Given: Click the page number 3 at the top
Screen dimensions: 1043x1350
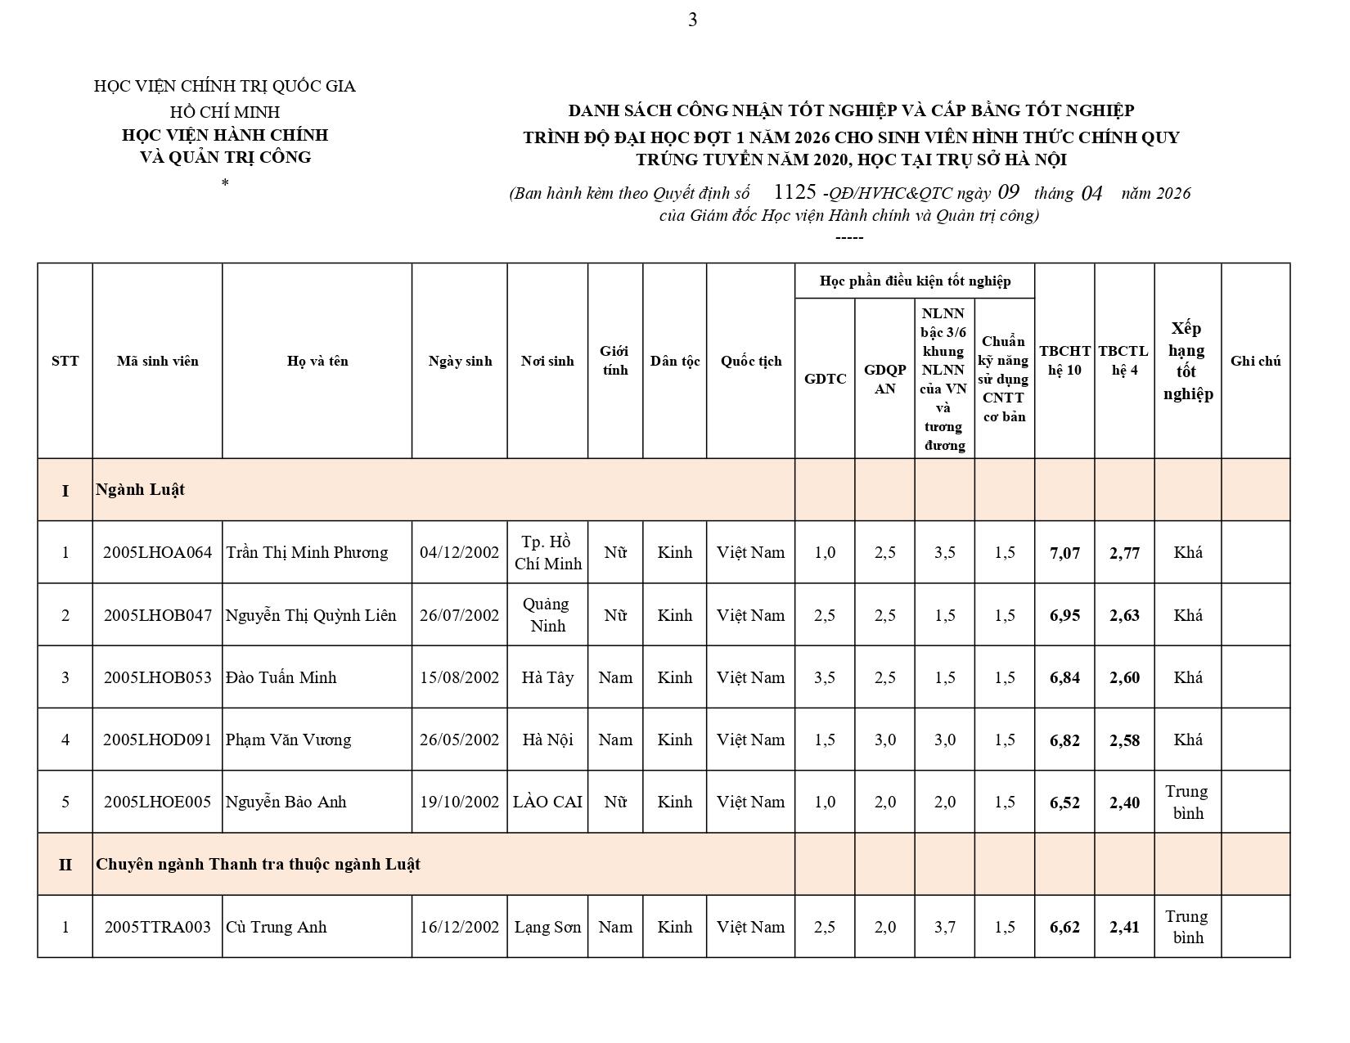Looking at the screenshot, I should [x=692, y=20].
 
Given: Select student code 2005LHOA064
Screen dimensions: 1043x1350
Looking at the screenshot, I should [x=157, y=552].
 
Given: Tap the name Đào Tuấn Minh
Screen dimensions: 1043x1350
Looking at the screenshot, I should [x=281, y=677].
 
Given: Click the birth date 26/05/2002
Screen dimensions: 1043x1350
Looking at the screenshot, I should [x=459, y=740].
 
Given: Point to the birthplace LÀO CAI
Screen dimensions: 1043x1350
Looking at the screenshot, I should [x=547, y=802].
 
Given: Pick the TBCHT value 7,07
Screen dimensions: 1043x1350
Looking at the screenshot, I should [x=1064, y=553].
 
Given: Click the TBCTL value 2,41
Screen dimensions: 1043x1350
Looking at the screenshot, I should [x=1124, y=927].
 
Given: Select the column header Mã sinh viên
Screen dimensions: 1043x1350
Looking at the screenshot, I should [x=157, y=361].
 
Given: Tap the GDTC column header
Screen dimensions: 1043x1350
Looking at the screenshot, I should [x=825, y=379].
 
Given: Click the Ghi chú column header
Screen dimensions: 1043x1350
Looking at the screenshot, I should [x=1255, y=361].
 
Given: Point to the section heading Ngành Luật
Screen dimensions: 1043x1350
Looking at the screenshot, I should [x=140, y=489].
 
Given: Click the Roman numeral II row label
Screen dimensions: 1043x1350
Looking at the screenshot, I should [x=65, y=865].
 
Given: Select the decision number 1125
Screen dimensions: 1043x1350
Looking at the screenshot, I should [x=794, y=192].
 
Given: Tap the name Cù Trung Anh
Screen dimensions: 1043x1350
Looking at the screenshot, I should [x=276, y=927].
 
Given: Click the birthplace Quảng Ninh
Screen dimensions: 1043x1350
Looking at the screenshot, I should [x=547, y=614].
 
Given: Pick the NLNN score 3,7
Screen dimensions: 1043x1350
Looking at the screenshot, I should [x=944, y=927].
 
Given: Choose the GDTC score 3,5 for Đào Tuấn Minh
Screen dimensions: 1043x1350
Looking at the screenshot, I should [x=825, y=677].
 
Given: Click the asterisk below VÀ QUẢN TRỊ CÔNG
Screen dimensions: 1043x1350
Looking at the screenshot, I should [x=224, y=182].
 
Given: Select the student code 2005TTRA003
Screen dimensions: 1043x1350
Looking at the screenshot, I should [x=157, y=927].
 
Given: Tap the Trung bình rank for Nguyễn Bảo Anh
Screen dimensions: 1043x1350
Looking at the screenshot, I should [x=1187, y=802].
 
